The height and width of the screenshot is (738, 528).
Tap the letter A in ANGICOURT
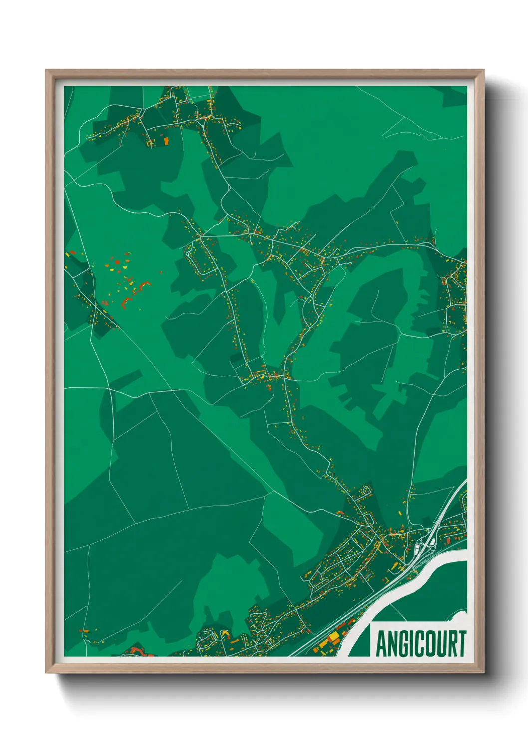pyautogui.click(x=381, y=644)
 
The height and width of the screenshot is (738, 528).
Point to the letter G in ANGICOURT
pyautogui.click(x=402, y=644)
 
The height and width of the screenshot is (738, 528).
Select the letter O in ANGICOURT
pyautogui.click(x=429, y=644)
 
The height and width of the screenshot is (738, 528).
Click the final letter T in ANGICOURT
pyautogui.click(x=461, y=644)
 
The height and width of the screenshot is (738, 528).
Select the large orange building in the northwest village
pyautogui.click(x=166, y=141)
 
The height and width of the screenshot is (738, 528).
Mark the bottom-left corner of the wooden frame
pyautogui.click(x=47, y=672)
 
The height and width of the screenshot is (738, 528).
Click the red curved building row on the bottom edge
pyautogui.click(x=136, y=650)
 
